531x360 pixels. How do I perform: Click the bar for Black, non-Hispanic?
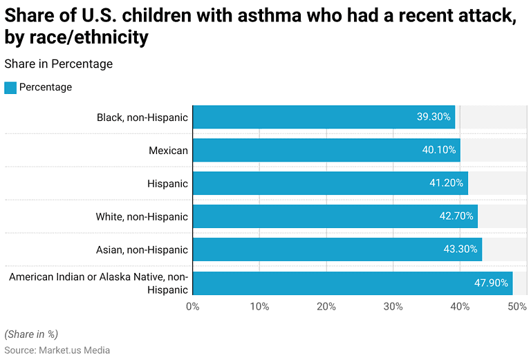click(324, 117)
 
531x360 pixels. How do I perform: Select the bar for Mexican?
click(326, 150)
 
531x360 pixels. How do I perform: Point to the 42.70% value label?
click(456, 216)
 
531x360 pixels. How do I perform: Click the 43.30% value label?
click(460, 249)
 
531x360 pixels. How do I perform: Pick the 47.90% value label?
click(491, 283)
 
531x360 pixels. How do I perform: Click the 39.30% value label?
click(434, 117)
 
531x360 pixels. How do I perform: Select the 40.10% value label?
click(438, 150)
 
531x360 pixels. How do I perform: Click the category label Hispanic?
click(167, 183)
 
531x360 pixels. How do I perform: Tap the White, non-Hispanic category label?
click(142, 216)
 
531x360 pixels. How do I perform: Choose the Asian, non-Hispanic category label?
click(142, 249)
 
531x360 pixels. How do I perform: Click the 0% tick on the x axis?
click(192, 306)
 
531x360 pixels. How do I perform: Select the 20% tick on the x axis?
click(326, 306)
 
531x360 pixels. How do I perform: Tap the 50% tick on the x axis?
click(516, 306)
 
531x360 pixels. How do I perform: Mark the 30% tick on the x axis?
click(393, 306)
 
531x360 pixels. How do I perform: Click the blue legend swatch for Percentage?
click(10, 88)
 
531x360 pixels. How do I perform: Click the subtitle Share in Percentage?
click(58, 64)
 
